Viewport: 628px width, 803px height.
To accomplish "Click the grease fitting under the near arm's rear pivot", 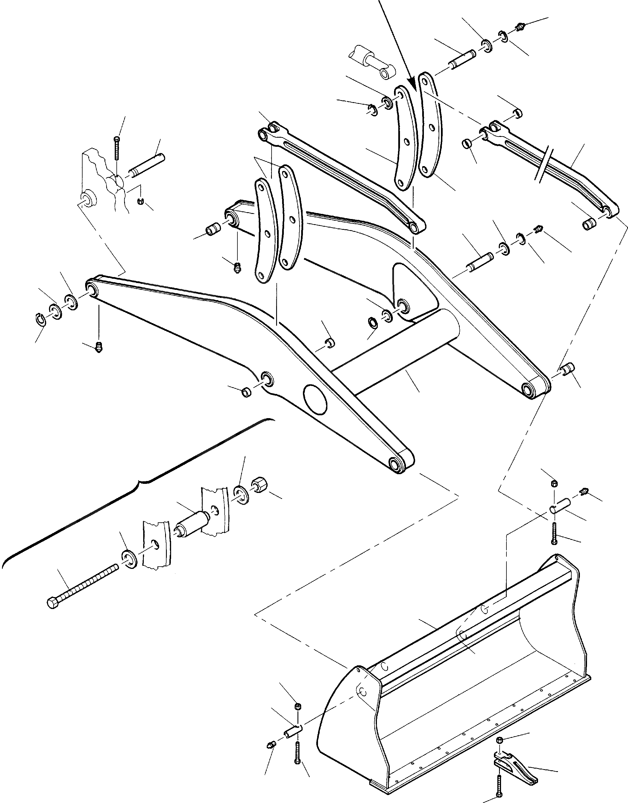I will pos(98,346).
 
